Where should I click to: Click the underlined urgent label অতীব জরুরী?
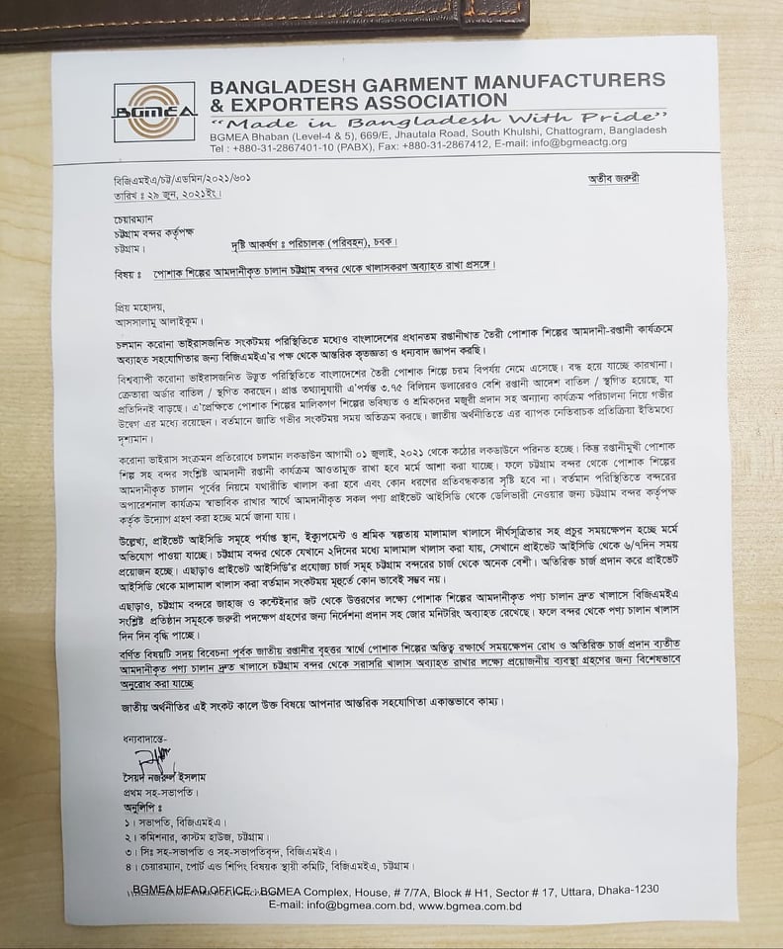point(600,178)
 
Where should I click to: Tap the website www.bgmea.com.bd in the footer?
point(471,906)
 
